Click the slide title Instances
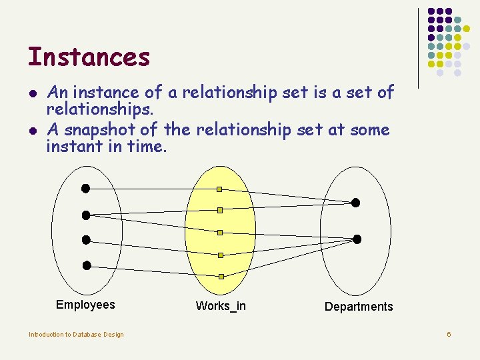coord(89,57)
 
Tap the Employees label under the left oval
coord(85,305)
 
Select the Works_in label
coord(221,306)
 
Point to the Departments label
coord(359,307)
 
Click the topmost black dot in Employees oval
coord(85,188)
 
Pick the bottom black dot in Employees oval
coord(87,265)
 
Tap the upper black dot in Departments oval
coord(355,202)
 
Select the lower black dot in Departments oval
coord(357,239)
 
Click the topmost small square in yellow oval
coord(219,189)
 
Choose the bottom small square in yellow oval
coord(221,276)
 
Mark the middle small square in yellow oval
coord(219,233)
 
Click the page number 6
coord(449,333)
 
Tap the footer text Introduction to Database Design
coord(76,334)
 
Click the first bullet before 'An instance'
coord(31,93)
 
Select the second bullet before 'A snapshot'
coord(31,130)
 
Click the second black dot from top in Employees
coord(85,215)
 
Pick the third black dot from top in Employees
coord(85,239)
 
